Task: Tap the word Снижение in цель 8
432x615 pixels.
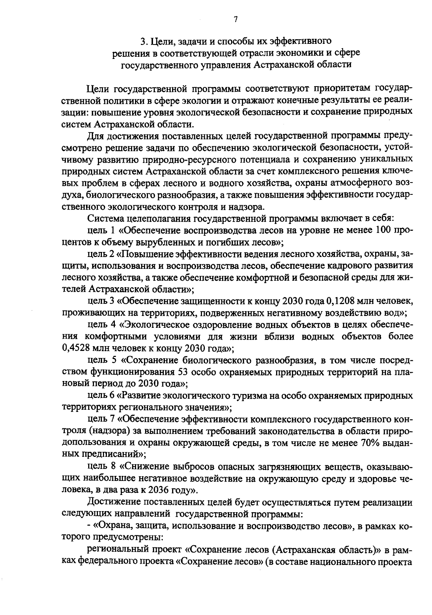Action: click(147, 467)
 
